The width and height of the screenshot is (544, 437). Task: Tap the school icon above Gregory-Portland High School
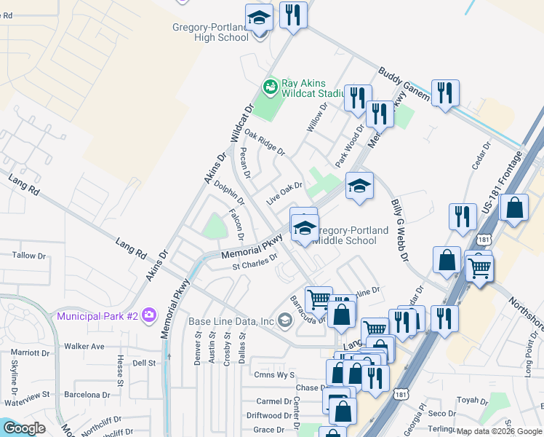click(x=259, y=17)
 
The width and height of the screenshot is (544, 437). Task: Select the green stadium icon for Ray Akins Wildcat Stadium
click(x=271, y=88)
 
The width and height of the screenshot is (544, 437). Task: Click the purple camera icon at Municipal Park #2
click(x=149, y=315)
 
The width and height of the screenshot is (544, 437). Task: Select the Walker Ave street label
click(x=84, y=346)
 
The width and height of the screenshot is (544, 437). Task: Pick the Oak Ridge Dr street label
click(x=265, y=142)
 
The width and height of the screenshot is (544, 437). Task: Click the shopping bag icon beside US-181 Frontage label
click(x=514, y=208)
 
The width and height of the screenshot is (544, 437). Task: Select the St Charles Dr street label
click(x=255, y=261)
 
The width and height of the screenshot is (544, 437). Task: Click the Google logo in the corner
click(x=24, y=428)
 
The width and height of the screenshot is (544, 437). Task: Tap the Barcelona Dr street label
click(x=87, y=395)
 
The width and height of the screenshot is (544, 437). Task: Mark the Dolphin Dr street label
click(x=228, y=196)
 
